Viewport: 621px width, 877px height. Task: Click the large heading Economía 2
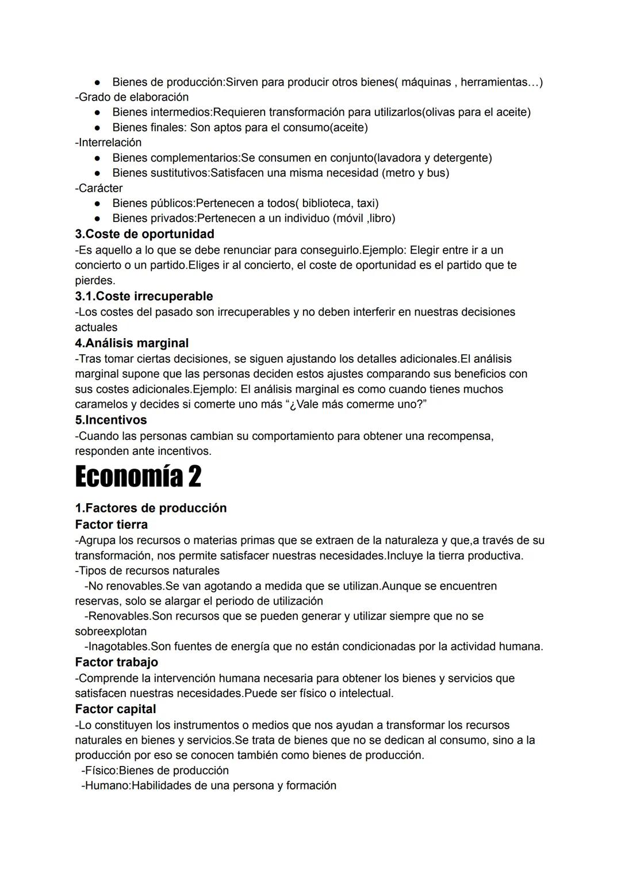click(138, 477)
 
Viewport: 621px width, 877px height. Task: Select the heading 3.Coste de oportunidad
click(144, 234)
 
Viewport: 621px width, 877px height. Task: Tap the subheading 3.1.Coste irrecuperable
click(144, 296)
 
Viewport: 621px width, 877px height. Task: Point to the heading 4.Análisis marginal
click(132, 343)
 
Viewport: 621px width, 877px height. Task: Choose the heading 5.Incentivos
click(111, 420)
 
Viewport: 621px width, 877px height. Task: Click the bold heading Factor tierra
click(111, 524)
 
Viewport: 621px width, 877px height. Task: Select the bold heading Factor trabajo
click(116, 662)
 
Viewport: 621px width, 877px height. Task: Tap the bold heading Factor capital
click(115, 709)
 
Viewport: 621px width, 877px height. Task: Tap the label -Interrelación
click(108, 142)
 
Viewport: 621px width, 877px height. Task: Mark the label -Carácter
click(98, 188)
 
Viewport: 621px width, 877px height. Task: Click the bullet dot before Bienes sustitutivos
click(98, 173)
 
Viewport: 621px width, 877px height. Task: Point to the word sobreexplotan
click(110, 631)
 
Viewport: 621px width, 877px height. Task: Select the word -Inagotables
click(117, 646)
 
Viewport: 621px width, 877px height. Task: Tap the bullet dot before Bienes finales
click(98, 128)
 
